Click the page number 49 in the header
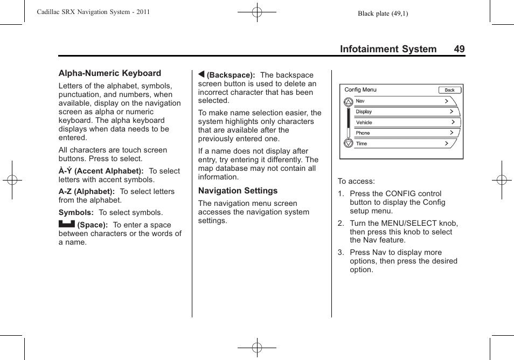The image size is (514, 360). click(459, 49)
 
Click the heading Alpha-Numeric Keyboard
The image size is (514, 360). click(110, 73)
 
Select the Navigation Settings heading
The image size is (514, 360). click(238, 191)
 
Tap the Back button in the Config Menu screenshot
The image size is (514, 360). click(449, 90)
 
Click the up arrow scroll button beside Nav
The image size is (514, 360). click(348, 101)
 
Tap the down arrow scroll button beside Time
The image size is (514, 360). click(348, 143)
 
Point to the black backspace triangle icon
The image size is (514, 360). click(201, 75)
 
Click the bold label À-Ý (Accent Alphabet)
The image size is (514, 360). click(101, 171)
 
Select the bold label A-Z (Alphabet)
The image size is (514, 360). click(87, 192)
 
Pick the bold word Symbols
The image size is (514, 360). click(76, 213)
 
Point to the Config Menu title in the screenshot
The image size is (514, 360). click(360, 90)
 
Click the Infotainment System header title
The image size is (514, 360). click(388, 49)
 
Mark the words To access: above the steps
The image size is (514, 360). click(356, 182)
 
